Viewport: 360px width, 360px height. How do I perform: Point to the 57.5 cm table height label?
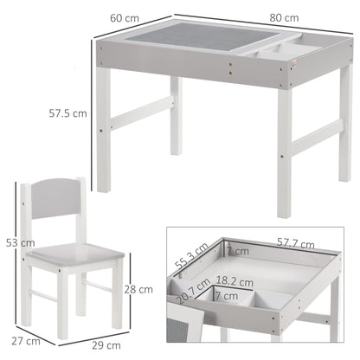point(67,112)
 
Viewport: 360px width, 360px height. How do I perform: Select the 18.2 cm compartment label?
point(235,281)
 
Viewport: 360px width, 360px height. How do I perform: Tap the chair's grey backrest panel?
point(59,213)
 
